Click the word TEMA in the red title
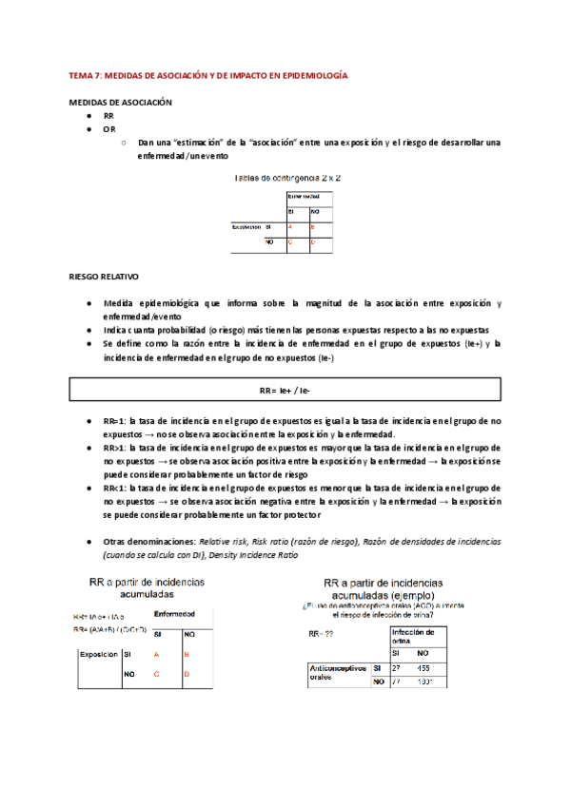coord(83,74)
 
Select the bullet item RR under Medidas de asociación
coord(108,115)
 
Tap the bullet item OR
coord(109,129)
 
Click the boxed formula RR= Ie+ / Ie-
coord(285,391)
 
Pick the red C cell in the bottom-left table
coord(155,674)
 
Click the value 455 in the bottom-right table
coord(423,669)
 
